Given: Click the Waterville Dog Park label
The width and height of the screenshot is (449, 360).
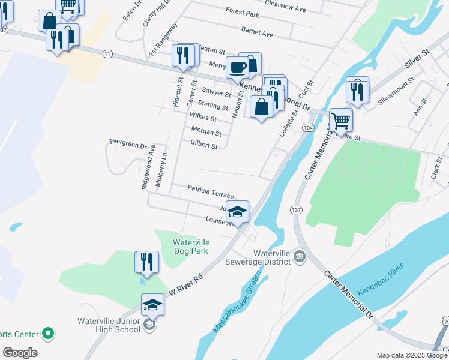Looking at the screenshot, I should [x=190, y=247].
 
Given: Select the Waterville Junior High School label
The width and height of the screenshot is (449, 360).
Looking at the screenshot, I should [x=109, y=325].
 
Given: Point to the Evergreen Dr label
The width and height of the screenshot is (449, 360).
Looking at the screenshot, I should [x=128, y=143].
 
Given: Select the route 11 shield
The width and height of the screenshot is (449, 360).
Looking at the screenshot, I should [x=107, y=54].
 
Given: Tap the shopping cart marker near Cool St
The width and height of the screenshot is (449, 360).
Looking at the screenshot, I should [x=340, y=119].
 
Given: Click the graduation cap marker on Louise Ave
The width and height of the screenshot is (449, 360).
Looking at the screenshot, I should [x=238, y=212].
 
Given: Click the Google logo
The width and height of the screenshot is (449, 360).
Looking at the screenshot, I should [x=20, y=353].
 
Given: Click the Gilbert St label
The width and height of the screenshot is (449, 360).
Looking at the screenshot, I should [x=203, y=145].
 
